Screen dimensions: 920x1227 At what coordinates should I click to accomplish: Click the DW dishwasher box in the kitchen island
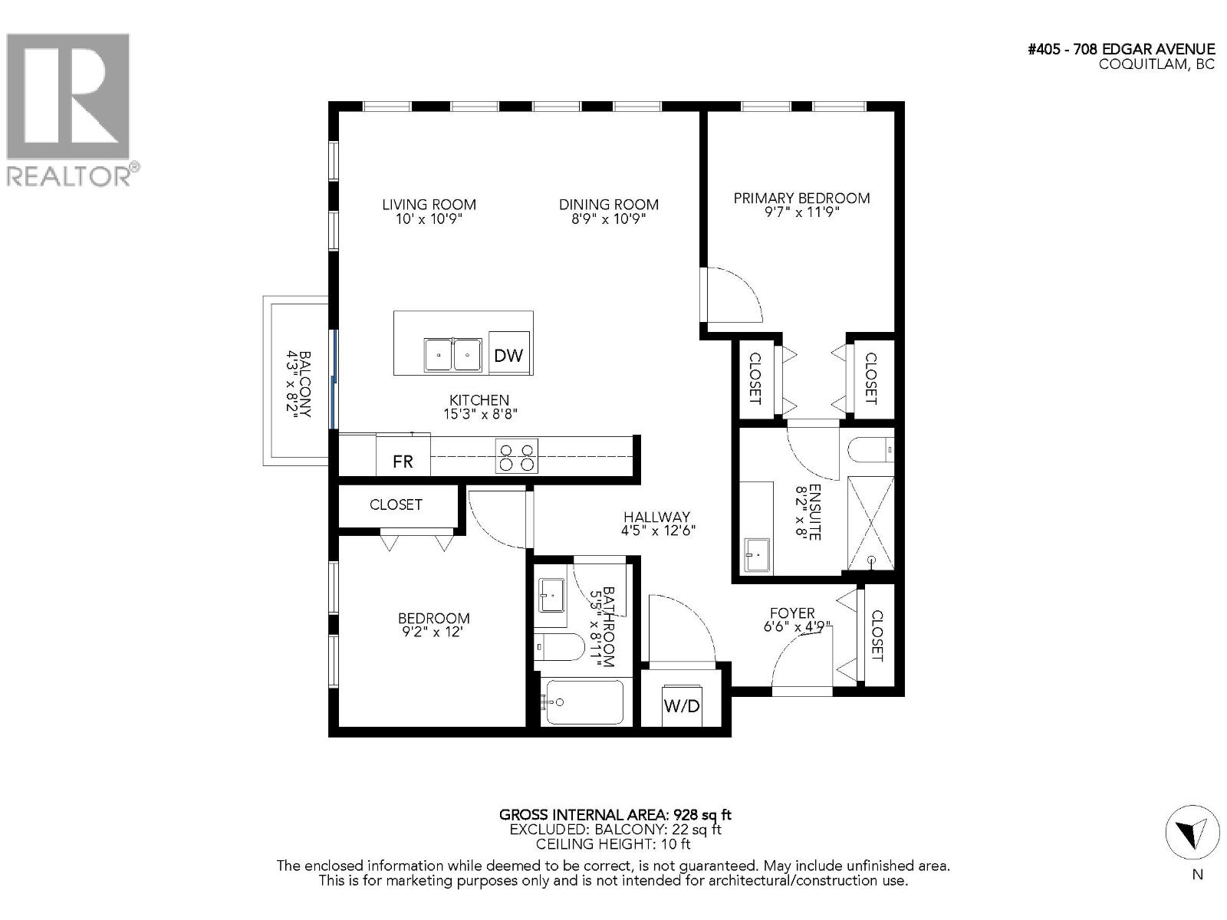(508, 353)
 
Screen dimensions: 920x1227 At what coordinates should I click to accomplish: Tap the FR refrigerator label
(403, 461)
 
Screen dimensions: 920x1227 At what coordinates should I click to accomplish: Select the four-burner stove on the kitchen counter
(516, 455)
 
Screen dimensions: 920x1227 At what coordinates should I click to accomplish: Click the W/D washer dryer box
(682, 705)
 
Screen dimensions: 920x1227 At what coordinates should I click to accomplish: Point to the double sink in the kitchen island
(452, 355)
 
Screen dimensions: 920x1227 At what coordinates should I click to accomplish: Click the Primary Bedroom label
(801, 198)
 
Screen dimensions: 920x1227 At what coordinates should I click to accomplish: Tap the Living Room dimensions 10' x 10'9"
(429, 219)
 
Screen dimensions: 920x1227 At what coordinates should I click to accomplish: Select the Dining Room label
(608, 204)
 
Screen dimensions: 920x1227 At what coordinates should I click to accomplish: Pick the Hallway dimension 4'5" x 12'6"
(657, 531)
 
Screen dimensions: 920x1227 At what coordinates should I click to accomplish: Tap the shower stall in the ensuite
(870, 523)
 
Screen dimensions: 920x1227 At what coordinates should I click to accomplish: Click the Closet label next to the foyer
(877, 635)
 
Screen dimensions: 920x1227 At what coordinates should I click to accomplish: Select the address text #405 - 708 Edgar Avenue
(1120, 49)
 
